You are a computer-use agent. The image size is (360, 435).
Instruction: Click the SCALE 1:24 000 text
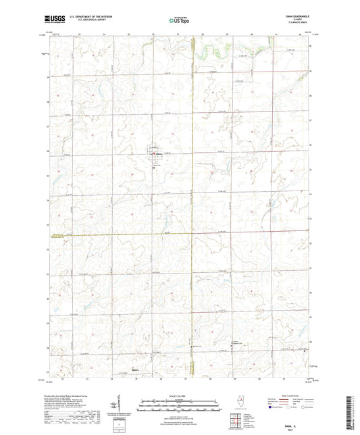tap(180, 395)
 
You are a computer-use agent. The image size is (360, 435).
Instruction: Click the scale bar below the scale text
tap(180, 407)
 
